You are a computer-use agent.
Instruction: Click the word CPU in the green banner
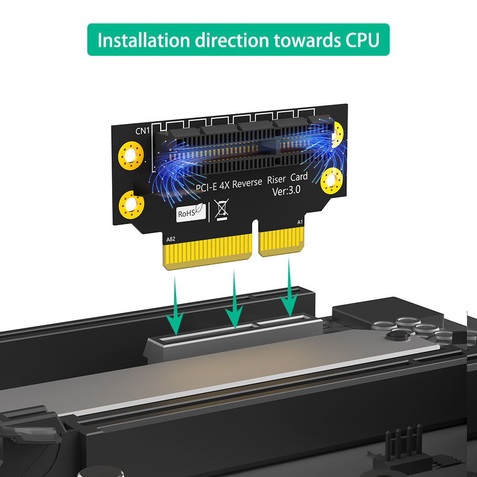(363, 40)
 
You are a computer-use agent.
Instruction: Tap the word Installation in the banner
(144, 40)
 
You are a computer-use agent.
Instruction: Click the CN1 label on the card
(142, 131)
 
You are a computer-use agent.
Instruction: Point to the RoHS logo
(191, 212)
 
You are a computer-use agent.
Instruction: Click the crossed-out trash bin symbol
(222, 209)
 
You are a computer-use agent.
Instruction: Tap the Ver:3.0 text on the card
(286, 191)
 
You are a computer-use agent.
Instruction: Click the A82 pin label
(171, 239)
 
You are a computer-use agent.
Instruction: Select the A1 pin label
(300, 222)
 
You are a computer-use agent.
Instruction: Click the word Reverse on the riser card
(247, 183)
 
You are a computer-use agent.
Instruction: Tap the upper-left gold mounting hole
(131, 156)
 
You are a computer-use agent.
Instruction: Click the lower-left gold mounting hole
(132, 205)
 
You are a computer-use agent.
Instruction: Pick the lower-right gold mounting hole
(332, 181)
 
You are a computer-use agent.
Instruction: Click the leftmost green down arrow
(175, 305)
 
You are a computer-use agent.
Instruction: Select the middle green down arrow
(234, 300)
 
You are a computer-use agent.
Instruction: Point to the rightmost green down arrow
(289, 287)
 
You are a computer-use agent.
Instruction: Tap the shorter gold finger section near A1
(281, 242)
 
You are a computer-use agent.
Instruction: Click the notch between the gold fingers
(255, 237)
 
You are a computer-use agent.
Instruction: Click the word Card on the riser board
(299, 177)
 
